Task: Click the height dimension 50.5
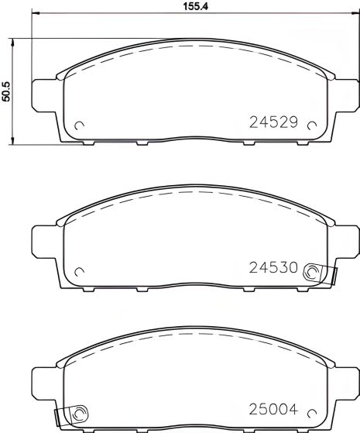[x=7, y=91]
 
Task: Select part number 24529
[x=274, y=122]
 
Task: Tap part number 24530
[x=274, y=268]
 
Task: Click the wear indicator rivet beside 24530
[x=313, y=271]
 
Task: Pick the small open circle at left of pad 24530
[x=78, y=270]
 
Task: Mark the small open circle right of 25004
[x=312, y=415]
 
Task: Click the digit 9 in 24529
[x=294, y=122]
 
